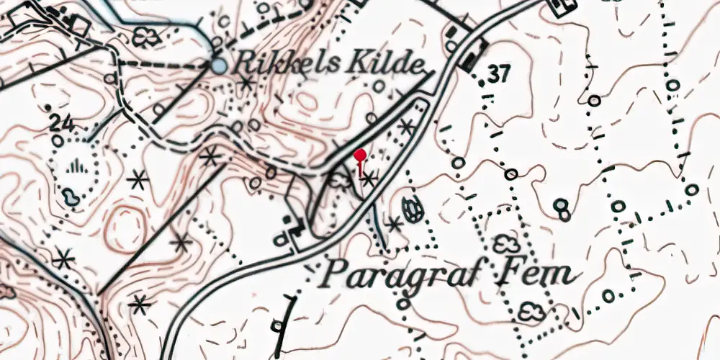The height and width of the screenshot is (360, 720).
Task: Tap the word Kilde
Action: pos(385,65)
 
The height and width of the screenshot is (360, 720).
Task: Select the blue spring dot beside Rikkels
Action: pos(218,66)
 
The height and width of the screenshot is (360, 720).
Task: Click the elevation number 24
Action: pos(63,123)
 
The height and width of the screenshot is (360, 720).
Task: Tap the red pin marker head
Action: pos(360,154)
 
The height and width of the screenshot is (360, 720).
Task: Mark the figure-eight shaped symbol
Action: pos(562,209)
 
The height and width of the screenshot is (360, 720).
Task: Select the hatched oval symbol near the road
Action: pos(412,210)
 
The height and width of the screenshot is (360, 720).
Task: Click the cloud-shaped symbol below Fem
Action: pos(532,310)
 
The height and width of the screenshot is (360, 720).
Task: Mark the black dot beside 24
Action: pos(48,108)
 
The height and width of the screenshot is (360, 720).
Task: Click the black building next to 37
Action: pos(474,56)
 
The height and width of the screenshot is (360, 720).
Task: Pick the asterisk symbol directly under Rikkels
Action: pos(247,82)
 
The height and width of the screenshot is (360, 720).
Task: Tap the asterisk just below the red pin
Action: pos(369,178)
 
